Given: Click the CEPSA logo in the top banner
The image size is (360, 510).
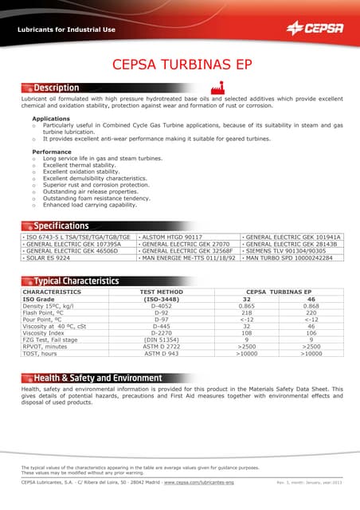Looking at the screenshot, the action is pos(315,29).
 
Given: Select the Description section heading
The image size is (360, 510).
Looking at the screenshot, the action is pos(56,88).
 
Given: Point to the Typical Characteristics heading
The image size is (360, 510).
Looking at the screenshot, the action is pos(76,280).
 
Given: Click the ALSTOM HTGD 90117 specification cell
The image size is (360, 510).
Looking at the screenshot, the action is pos(171,237).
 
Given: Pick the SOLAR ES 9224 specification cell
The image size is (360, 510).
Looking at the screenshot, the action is pos(48,258).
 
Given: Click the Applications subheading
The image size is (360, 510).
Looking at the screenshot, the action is pos(50,118).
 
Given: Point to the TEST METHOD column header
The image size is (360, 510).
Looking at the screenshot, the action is pos(162,292).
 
